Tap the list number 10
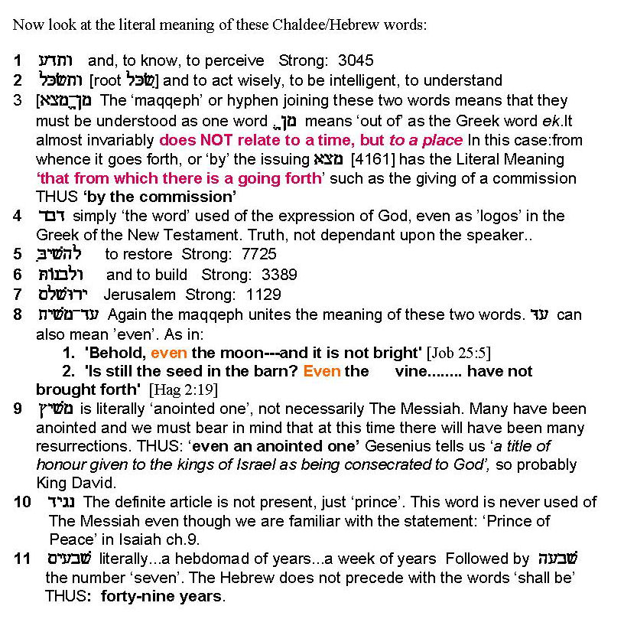point(22,502)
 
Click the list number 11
point(22,559)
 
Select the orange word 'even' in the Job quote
point(169,353)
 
